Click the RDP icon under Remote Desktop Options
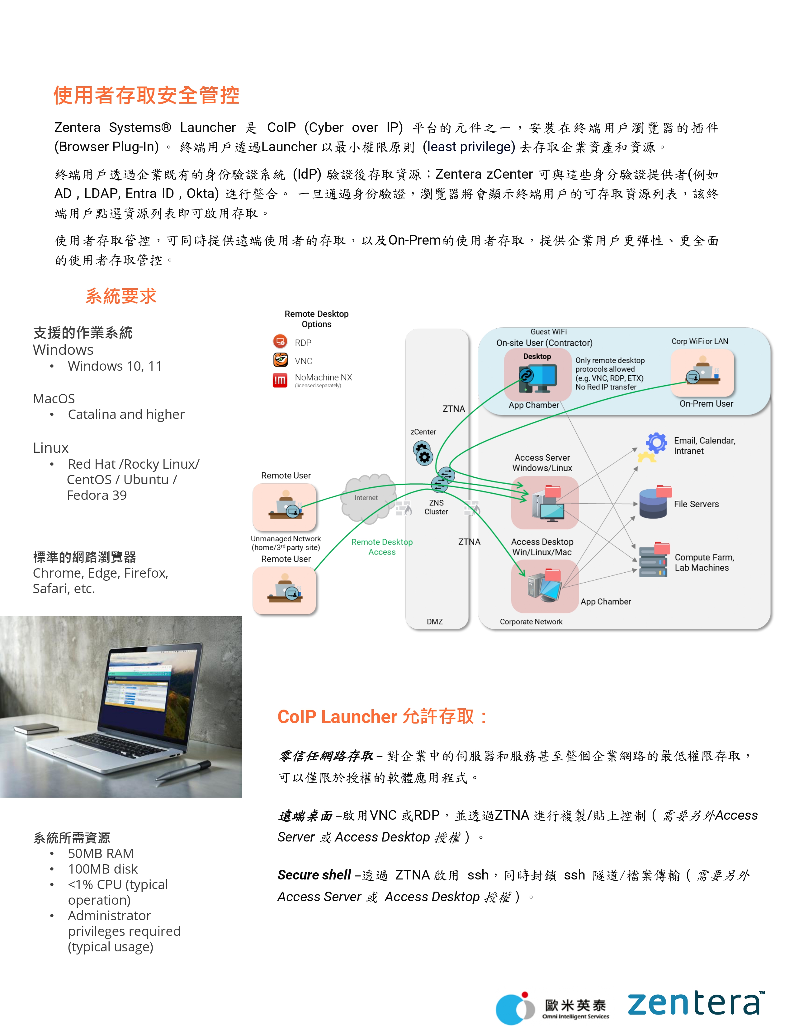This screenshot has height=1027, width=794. coord(280,341)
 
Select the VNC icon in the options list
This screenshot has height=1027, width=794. coord(280,360)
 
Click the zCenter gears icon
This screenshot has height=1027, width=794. coord(423,453)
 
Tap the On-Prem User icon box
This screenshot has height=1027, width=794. coord(702,373)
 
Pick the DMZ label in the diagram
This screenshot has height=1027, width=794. coord(435,622)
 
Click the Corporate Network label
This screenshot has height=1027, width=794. coord(531,622)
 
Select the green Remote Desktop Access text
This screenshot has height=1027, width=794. coord(382,547)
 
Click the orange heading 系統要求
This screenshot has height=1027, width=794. coord(121,296)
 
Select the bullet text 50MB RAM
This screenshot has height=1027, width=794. coord(101,853)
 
